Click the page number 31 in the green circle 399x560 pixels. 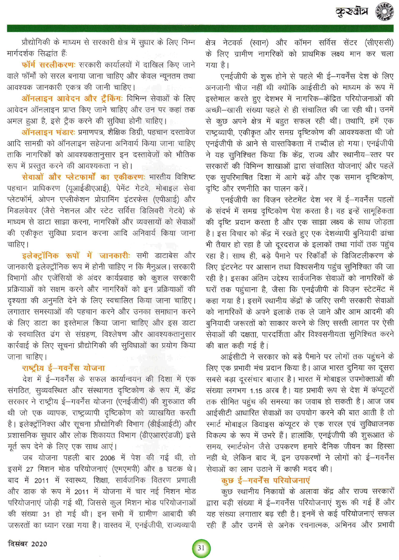tap(201, 548)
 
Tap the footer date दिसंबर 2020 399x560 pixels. tap(27, 544)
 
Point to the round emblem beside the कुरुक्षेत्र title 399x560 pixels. tap(385, 12)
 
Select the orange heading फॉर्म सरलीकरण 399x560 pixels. tap(48, 64)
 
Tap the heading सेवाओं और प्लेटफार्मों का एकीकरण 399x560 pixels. tap(83, 177)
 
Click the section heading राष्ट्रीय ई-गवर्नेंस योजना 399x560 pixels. tap(63, 368)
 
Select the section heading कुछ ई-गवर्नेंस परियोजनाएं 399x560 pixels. tap(265, 480)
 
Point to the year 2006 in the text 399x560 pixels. tap(108, 458)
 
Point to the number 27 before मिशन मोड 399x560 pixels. tap(30, 469)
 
